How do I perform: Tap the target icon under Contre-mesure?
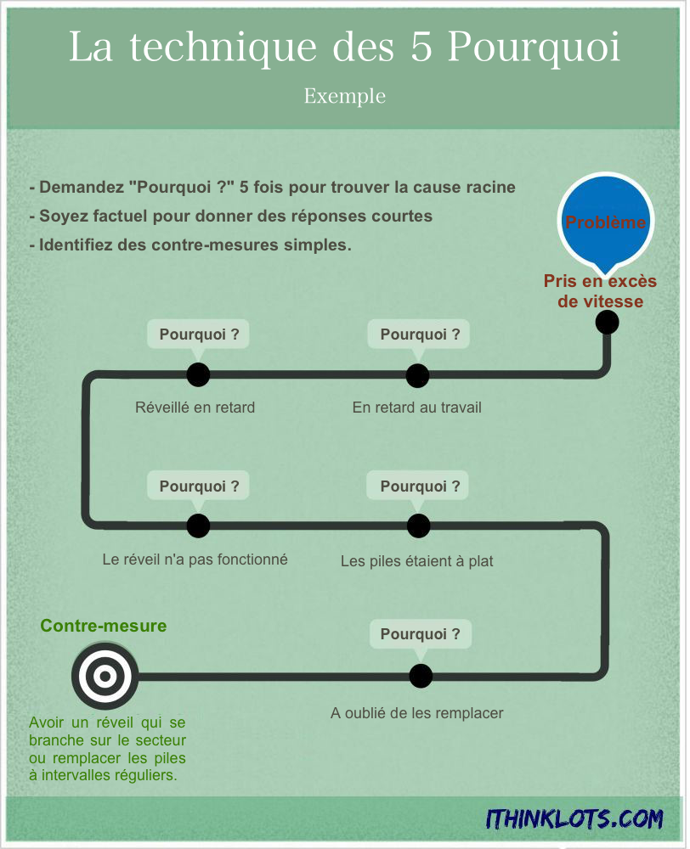[x=105, y=676]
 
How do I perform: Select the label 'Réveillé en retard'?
[x=195, y=408]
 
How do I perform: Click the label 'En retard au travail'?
[x=417, y=408]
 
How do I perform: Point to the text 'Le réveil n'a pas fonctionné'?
[x=195, y=559]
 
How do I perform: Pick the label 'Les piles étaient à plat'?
[x=417, y=561]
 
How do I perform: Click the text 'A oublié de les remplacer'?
[x=417, y=713]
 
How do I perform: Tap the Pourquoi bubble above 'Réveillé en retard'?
[x=198, y=335]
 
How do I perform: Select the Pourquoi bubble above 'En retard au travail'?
[x=419, y=335]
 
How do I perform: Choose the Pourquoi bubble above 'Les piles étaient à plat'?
[x=418, y=486]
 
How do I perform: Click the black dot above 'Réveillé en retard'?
[x=198, y=374]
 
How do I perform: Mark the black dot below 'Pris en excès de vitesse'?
[x=607, y=323]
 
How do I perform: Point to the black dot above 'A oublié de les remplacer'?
[x=421, y=676]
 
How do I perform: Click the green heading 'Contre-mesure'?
[x=104, y=626]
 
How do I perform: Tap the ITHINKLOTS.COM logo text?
[x=574, y=819]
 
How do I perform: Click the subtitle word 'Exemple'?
[x=345, y=96]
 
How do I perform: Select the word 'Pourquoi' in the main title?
[x=534, y=47]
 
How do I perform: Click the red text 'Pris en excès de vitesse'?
[x=601, y=291]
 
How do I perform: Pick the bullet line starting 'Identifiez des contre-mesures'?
[x=190, y=245]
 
